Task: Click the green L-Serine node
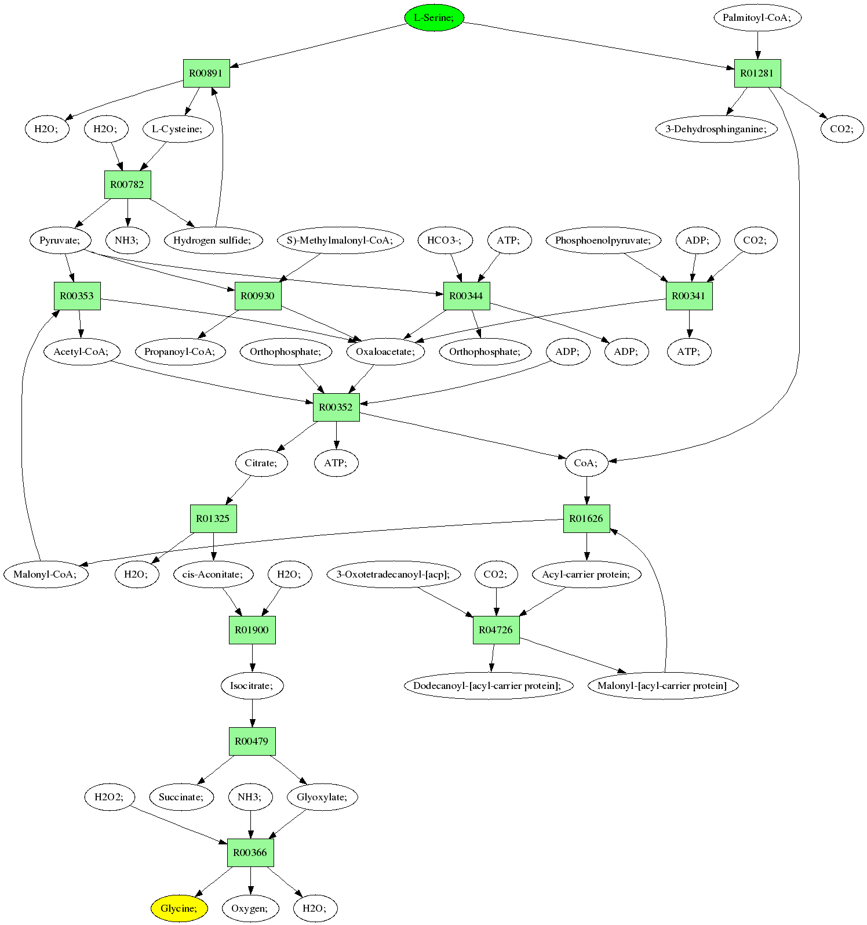(x=435, y=17)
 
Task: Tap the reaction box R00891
(x=206, y=73)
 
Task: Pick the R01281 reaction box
(x=757, y=73)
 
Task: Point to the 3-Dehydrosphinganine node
(x=716, y=129)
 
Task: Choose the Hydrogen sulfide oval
(x=213, y=240)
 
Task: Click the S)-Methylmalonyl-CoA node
(x=340, y=240)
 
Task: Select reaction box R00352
(x=336, y=407)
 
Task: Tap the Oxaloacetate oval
(x=386, y=351)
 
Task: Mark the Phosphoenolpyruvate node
(x=603, y=240)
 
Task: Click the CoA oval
(x=586, y=463)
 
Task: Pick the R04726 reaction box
(x=496, y=630)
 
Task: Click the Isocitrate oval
(x=252, y=685)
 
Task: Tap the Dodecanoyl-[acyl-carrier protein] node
(x=488, y=685)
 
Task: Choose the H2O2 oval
(x=109, y=797)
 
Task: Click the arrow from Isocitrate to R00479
(x=252, y=713)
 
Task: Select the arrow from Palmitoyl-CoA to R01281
(x=757, y=45)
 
